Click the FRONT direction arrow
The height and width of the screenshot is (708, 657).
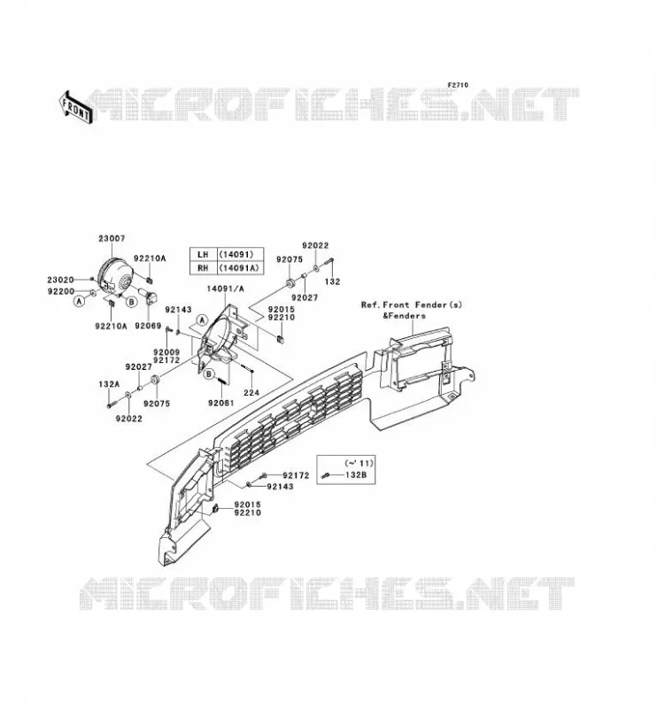tap(76, 108)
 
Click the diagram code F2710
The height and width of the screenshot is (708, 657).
tap(458, 85)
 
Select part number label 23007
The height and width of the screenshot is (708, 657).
tap(112, 238)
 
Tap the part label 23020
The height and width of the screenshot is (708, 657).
tap(61, 280)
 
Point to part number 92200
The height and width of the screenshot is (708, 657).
tap(61, 292)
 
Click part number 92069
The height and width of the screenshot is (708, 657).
tap(148, 326)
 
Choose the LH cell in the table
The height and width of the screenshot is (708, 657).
tap(204, 255)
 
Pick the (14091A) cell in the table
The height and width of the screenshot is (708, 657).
tap(240, 268)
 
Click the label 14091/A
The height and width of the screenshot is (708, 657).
tap(225, 289)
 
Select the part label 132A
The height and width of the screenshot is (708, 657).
tap(109, 384)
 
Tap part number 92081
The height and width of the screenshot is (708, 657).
tap(221, 403)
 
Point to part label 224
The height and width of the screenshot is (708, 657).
tap(251, 393)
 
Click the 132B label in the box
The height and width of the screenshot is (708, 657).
tap(356, 475)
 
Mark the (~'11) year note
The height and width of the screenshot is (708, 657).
tap(359, 463)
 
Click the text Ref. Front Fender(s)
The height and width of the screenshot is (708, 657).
tap(412, 304)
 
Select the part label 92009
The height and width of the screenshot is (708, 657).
tap(166, 352)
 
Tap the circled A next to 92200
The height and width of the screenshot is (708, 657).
tap(80, 300)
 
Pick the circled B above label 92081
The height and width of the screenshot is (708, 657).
tap(208, 373)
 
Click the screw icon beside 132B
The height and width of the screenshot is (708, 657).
tap(325, 475)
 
